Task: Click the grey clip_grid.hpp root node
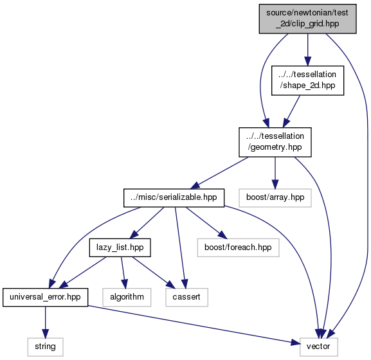tap(307, 19)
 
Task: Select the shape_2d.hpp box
tap(307, 80)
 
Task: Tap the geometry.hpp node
tap(275, 142)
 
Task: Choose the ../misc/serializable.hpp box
tap(174, 198)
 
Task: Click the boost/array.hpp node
tap(275, 198)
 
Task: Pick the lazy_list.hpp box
tap(120, 248)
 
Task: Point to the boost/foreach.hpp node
tap(239, 248)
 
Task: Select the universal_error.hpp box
tap(45, 297)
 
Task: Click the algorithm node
tap(127, 297)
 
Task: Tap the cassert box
tap(186, 297)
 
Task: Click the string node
tap(45, 347)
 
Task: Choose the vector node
tap(319, 347)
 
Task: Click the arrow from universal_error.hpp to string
tap(45, 322)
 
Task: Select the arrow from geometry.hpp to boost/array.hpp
tap(275, 173)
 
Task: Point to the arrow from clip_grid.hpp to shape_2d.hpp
tap(307, 50)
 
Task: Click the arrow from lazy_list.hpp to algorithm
tap(123, 273)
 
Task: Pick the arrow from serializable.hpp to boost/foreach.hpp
tap(206, 222)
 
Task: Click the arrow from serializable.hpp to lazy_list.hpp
tap(147, 222)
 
